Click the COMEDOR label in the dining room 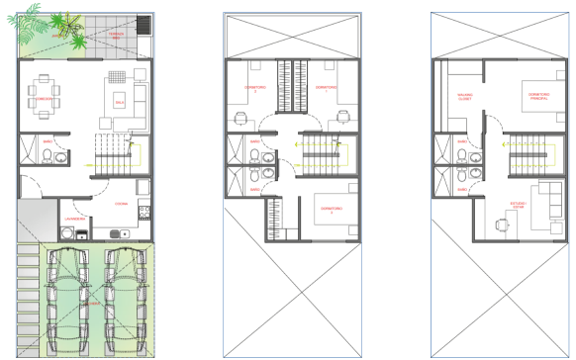click(44, 101)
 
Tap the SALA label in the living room click(120, 101)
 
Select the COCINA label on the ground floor click(121, 205)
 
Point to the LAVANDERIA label click(78, 218)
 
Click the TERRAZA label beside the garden click(118, 37)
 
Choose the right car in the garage click(123, 296)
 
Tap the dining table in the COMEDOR click(45, 91)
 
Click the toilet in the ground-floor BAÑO click(61, 155)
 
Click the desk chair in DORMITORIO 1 click(341, 116)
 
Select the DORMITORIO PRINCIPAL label click(538, 97)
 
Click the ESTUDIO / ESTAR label click(519, 207)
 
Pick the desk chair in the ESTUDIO click(503, 222)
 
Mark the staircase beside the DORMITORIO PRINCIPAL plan click(528, 155)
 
